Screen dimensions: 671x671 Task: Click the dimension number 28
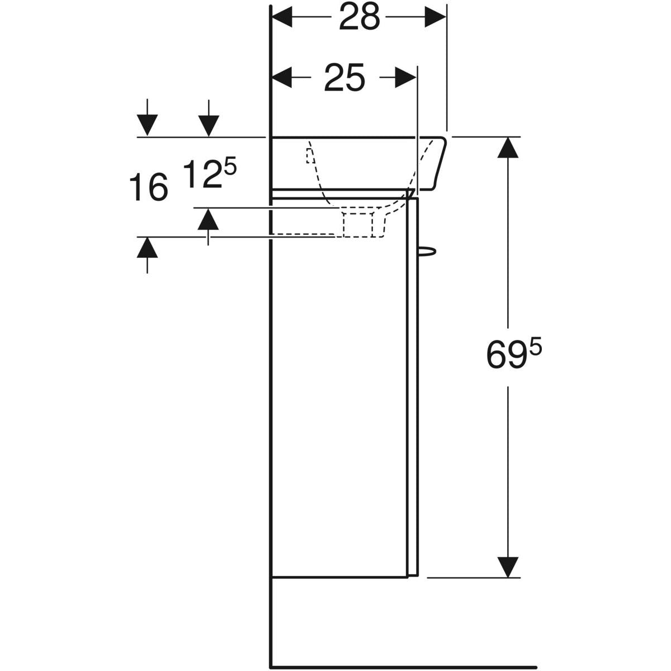(359, 17)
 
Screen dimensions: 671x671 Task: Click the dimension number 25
(344, 78)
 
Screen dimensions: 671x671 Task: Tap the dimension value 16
(149, 188)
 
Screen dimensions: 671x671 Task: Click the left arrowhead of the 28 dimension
(282, 17)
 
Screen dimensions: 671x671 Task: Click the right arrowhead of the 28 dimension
(436, 17)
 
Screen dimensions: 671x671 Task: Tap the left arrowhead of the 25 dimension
(282, 78)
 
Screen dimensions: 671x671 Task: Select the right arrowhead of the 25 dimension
(405, 78)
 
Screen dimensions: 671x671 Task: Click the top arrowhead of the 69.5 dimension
(508, 148)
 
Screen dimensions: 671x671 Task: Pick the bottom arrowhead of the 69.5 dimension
(508, 567)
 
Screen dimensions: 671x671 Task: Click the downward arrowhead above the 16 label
(147, 125)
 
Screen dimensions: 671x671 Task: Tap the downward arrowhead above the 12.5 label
(209, 125)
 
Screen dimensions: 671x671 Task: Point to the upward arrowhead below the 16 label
(147, 247)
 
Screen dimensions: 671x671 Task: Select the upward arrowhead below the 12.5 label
(208, 219)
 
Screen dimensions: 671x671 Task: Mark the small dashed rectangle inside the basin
(310, 155)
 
